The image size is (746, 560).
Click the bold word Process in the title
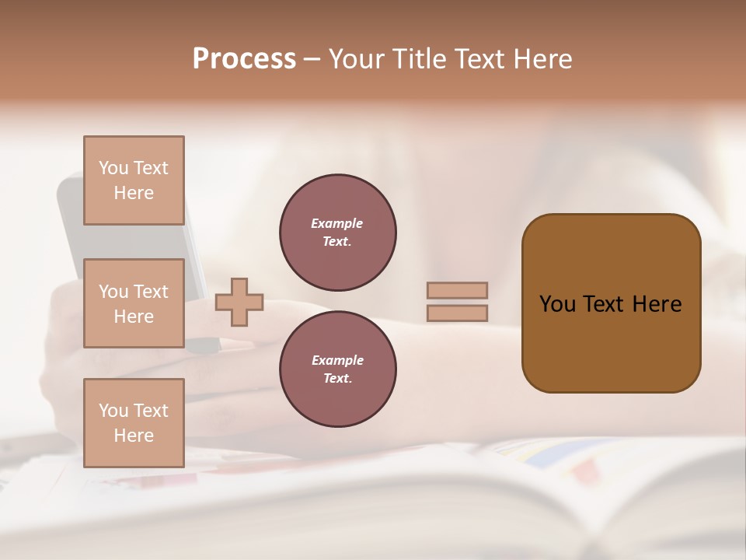244,59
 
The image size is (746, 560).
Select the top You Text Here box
134,180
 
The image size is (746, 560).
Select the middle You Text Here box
134,303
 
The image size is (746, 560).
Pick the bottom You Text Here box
134,422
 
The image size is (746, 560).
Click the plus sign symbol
239,302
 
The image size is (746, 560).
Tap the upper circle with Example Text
337,233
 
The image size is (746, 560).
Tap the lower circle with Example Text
337,369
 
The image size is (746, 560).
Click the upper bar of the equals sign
457,290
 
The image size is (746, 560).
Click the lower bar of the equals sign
457,313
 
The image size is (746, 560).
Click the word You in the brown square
557,304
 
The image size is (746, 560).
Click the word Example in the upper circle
337,223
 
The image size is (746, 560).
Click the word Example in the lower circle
337,360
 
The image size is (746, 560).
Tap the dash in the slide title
312,59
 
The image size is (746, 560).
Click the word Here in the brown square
657,304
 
